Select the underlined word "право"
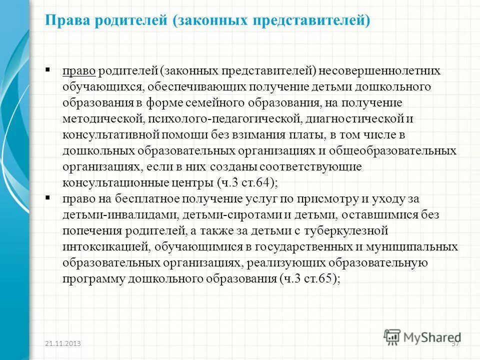click(79, 71)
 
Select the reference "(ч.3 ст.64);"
click(247, 182)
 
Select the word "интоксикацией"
click(105, 247)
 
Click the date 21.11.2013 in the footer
click(63, 344)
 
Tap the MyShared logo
click(422, 336)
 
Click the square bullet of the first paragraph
click(47, 69)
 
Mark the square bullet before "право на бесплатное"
click(47, 198)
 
